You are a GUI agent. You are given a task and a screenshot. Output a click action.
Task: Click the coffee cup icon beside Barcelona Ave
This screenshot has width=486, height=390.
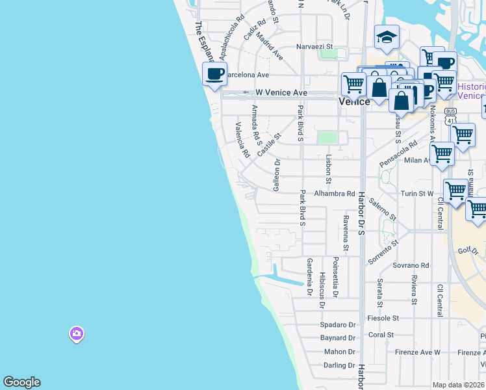(214, 73)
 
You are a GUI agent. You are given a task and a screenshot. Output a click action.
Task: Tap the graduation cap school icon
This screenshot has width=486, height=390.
(387, 37)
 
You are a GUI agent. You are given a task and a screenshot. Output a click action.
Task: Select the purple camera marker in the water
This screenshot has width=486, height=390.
(76, 334)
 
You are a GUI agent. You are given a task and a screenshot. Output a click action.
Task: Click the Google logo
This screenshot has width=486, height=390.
(21, 382)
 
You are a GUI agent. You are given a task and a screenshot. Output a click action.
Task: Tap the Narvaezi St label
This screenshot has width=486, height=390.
(314, 47)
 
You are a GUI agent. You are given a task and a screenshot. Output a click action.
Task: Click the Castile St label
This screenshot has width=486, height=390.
(268, 144)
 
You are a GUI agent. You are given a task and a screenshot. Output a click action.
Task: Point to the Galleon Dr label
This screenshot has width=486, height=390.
(277, 170)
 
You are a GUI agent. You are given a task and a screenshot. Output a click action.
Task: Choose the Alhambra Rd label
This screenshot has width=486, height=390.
(335, 193)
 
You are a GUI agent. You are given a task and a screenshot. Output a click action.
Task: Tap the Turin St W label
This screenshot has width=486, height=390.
(416, 193)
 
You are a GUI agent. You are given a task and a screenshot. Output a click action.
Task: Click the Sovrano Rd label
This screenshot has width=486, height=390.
(411, 265)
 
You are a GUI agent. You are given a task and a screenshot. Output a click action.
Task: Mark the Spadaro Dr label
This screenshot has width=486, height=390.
(339, 324)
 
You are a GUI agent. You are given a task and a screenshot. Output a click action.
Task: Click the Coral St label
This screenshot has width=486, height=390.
(381, 335)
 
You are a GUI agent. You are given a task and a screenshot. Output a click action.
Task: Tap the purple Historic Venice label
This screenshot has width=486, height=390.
(471, 91)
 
